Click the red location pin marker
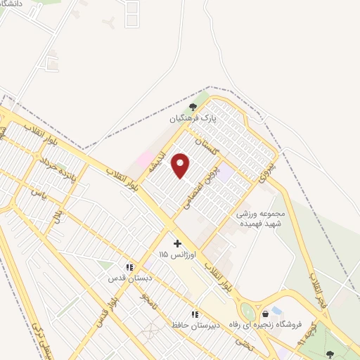click(181, 166)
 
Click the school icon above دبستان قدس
click(129, 267)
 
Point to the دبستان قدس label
click(126, 278)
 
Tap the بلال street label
click(58, 215)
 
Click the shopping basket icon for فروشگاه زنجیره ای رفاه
click(265, 314)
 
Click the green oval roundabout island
click(247, 311)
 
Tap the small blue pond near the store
click(276, 310)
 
